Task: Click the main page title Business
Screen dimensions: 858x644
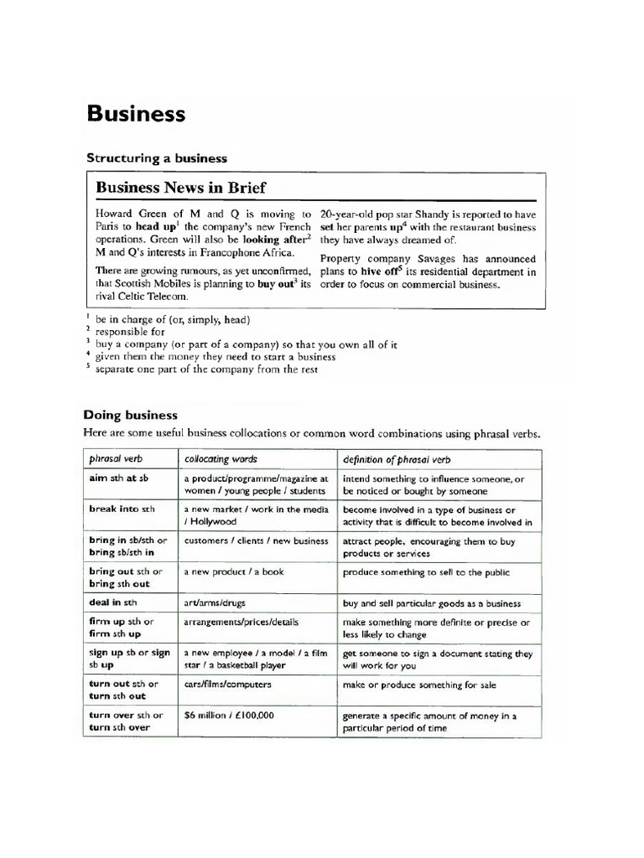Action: (x=136, y=114)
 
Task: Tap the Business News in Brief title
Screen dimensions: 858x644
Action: (x=181, y=188)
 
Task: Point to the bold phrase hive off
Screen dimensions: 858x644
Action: (x=386, y=271)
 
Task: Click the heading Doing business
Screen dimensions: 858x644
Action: (x=130, y=415)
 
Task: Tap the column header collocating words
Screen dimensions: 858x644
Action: (x=221, y=459)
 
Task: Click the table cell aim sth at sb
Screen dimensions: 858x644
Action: (x=119, y=478)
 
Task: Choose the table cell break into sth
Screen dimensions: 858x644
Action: (x=122, y=509)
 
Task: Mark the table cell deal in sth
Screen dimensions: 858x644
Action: (x=113, y=602)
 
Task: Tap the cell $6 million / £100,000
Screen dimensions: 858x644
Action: (x=229, y=715)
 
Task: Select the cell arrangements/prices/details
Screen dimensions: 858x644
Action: (x=241, y=623)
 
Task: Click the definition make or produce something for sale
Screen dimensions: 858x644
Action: (x=419, y=685)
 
